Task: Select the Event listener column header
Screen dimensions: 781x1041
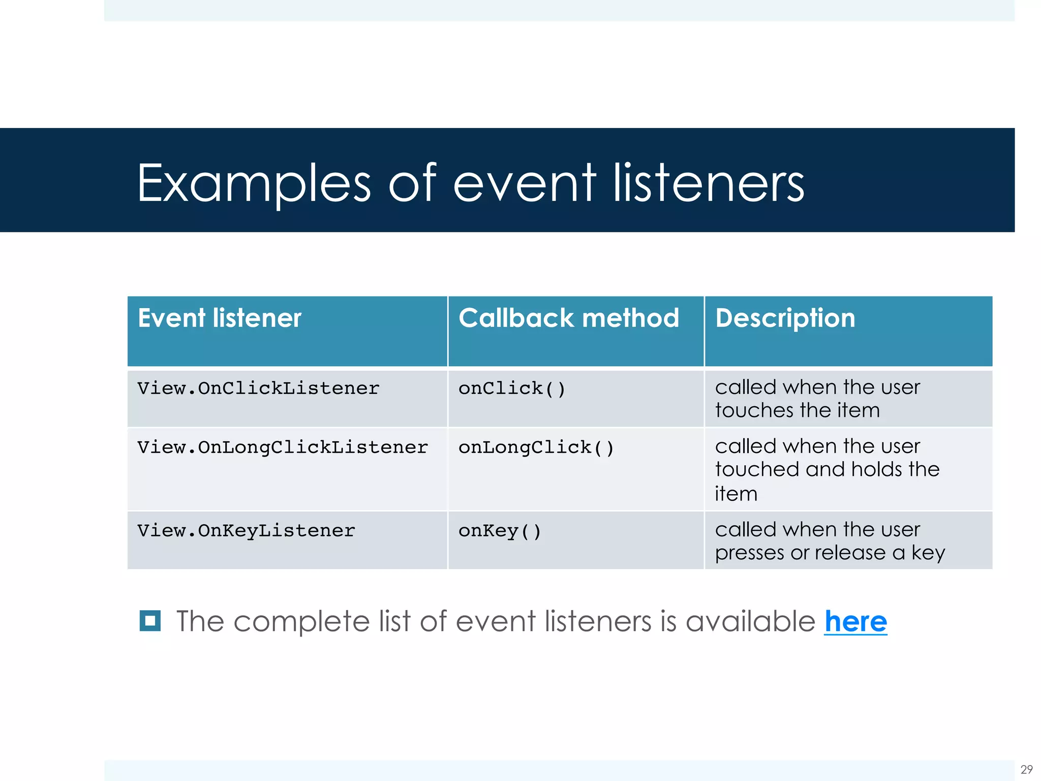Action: (220, 318)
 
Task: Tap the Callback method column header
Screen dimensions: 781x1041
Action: (568, 318)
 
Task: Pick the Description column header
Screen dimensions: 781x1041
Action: (785, 318)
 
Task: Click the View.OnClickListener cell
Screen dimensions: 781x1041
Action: (258, 389)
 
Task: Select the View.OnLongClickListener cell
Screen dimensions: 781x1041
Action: (283, 448)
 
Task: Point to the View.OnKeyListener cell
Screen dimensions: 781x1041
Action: (246, 531)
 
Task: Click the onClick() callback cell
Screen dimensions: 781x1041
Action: (511, 389)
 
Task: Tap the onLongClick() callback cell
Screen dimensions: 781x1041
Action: (536, 448)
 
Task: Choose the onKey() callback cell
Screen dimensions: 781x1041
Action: (499, 531)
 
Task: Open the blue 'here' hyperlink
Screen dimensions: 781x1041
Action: (855, 621)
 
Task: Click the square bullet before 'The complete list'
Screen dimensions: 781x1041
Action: (150, 621)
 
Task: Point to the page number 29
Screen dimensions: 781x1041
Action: (1026, 769)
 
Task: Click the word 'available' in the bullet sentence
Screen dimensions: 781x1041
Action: (750, 621)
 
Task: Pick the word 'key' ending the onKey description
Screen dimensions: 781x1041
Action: (928, 553)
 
